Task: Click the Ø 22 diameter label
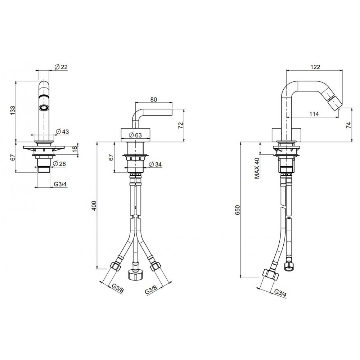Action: tap(61, 67)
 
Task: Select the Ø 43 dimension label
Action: tap(62, 131)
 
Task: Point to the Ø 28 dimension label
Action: tap(59, 164)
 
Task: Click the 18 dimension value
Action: tap(75, 149)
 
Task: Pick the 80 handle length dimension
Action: tap(154, 99)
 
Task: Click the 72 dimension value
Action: tap(181, 125)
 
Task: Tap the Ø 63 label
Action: tap(135, 135)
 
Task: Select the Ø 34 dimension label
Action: tap(155, 165)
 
